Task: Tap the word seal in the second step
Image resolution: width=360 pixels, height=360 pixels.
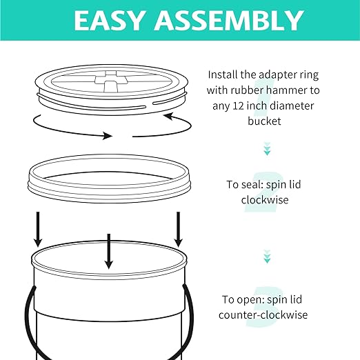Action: (x=253, y=184)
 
